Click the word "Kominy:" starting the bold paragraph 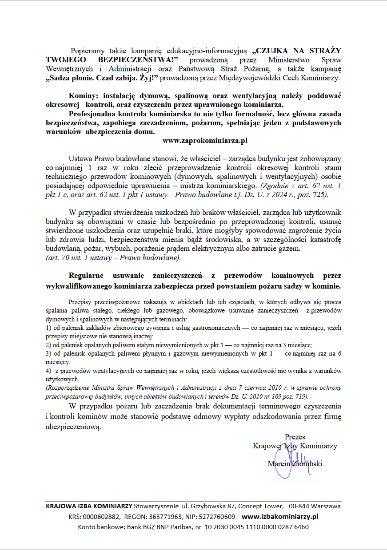(84, 95)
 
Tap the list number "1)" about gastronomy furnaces (49, 328)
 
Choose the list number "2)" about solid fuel (49, 344)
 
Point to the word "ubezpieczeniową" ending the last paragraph (74, 427)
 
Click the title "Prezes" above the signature (295, 436)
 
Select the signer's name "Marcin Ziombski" (295, 464)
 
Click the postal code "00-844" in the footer (299, 506)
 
